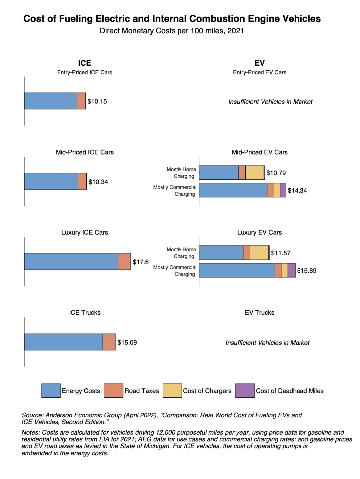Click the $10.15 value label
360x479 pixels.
[97, 102]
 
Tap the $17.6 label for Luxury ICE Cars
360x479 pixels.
[140, 262]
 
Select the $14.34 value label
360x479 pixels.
[297, 191]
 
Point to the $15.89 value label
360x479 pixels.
[306, 271]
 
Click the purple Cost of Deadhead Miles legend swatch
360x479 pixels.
[245, 391]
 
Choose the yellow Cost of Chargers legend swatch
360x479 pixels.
[172, 391]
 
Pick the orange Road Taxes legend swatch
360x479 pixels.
[113, 391]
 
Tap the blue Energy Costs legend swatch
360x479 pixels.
[51, 391]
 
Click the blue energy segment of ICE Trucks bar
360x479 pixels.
[63, 342]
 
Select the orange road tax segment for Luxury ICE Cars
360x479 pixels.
[124, 262]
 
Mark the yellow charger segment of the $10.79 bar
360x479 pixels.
[255, 173]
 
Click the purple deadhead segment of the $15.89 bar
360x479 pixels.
[291, 270]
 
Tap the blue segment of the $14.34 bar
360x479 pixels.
[233, 190]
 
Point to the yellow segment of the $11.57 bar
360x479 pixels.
[259, 253]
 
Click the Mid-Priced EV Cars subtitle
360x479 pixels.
[259, 152]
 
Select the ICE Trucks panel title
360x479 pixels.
[85, 313]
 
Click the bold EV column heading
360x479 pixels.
[259, 63]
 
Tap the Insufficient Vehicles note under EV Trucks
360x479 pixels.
[267, 343]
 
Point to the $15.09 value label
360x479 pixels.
[127, 342]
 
